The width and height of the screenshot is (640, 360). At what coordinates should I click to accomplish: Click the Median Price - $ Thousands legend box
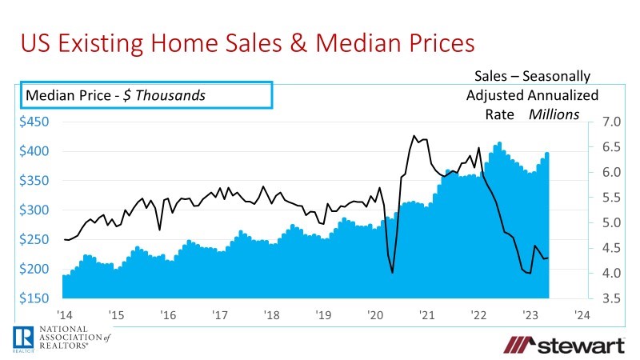tap(146, 95)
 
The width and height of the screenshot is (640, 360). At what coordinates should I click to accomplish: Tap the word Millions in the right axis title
tap(554, 114)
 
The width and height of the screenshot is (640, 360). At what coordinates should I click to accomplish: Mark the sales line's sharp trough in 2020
tap(392, 273)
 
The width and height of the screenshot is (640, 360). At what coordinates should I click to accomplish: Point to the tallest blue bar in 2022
tap(499, 143)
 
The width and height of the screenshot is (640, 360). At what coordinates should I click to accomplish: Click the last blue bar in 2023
tap(547, 153)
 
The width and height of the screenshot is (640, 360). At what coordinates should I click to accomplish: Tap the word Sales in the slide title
tap(239, 42)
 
